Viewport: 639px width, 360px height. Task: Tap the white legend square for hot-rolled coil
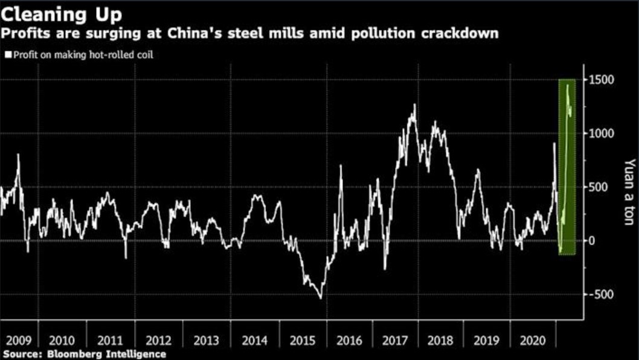tap(7, 54)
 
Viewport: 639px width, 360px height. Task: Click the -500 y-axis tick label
tap(601, 294)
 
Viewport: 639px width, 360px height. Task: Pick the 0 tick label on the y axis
tap(592, 241)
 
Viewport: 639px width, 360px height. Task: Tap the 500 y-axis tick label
tap(598, 187)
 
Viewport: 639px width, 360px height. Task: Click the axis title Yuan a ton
tap(629, 191)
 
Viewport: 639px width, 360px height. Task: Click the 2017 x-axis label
tap(396, 340)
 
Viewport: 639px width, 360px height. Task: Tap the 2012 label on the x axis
tap(159, 340)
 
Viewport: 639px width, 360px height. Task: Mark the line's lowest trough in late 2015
tap(320, 298)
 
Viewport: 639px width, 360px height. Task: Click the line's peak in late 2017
tap(414, 105)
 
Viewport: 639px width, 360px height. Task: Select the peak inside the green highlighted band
tap(567, 86)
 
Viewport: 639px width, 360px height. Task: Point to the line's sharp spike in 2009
tap(18, 155)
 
